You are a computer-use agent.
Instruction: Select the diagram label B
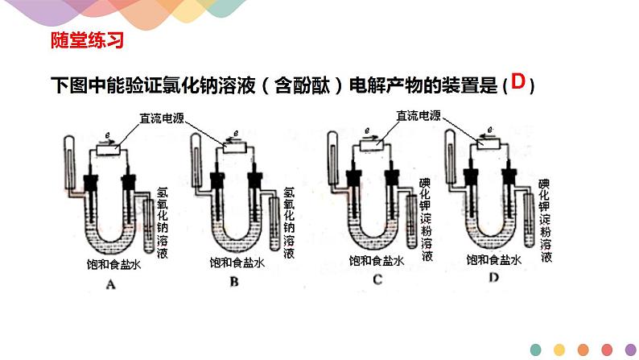tap(234, 283)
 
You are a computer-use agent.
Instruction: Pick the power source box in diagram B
tap(236, 147)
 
